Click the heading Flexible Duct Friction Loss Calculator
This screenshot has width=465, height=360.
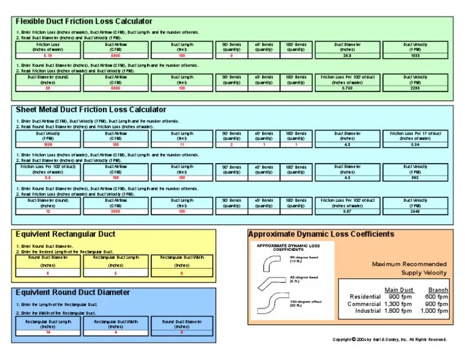84,22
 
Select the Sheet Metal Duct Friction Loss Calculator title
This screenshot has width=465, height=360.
91,110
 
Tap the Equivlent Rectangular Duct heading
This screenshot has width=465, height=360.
65,234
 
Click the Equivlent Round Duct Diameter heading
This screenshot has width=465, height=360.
73,292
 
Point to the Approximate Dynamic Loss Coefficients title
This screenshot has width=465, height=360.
321,234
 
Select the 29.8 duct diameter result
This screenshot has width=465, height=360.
347,55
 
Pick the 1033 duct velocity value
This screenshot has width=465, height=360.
415,55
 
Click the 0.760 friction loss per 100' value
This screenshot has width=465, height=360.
347,88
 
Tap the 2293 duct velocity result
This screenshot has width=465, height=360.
415,88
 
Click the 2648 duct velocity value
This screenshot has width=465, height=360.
415,210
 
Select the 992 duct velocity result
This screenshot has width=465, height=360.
415,178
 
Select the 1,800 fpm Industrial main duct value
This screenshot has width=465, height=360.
398,311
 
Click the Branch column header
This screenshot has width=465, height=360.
438,290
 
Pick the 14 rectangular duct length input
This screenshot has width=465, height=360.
48,332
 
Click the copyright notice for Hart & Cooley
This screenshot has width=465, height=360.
390,339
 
